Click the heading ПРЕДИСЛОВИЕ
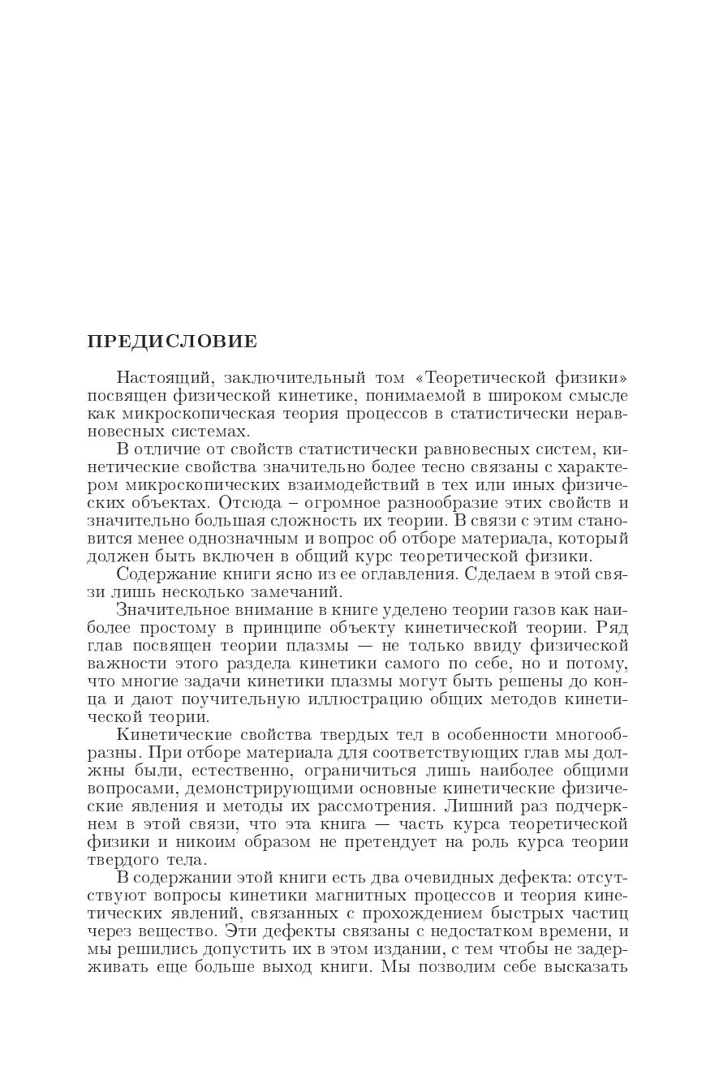[172, 342]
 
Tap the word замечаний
[317, 592]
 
